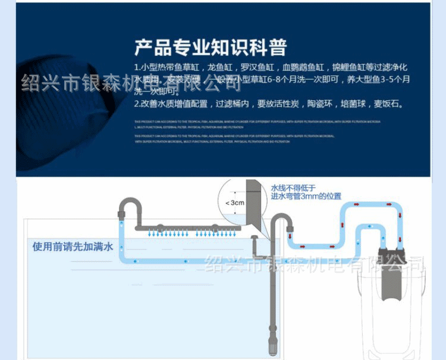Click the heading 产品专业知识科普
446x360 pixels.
pos(211,47)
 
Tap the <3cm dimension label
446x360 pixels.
pos(234,203)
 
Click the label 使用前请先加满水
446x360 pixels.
pos(73,246)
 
